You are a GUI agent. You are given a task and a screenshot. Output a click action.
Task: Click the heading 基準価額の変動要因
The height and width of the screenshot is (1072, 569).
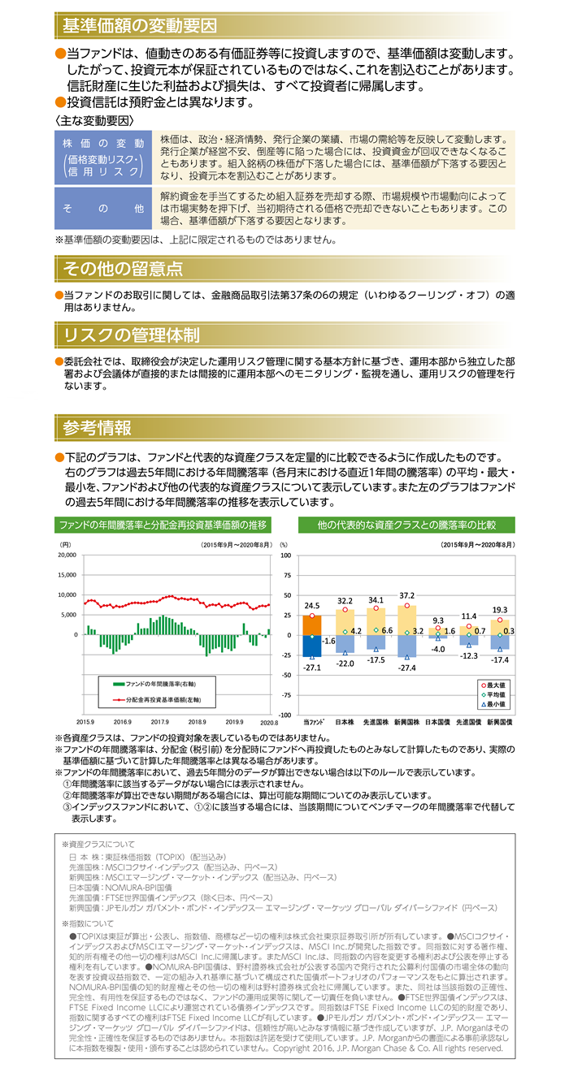139,25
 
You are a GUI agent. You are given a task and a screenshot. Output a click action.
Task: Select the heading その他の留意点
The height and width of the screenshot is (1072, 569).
123,269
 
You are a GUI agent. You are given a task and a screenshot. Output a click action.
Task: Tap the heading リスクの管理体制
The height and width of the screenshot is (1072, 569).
132,335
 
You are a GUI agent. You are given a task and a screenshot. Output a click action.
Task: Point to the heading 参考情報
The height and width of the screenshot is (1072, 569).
98,427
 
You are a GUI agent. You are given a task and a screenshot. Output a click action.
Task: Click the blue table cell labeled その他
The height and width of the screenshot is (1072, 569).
103,208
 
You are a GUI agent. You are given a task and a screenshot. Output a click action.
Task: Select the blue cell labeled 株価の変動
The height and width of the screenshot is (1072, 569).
103,158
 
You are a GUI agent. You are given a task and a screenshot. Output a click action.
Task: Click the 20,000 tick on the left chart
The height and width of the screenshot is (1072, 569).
67,555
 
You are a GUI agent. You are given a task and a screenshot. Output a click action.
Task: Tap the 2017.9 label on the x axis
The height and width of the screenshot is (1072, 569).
160,722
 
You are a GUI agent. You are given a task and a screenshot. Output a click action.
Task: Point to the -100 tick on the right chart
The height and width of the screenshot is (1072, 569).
285,715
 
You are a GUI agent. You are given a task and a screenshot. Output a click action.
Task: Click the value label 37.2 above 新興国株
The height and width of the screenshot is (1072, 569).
406,596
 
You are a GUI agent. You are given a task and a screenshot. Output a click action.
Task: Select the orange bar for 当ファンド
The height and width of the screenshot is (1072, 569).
312,625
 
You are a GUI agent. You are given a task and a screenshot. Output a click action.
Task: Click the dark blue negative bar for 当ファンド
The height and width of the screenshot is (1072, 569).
312,646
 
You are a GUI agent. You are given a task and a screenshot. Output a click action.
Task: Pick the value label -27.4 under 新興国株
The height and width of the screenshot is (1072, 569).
406,668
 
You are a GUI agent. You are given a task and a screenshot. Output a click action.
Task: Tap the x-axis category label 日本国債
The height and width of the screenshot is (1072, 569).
437,722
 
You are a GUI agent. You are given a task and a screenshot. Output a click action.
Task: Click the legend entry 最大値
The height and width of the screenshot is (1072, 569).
493,685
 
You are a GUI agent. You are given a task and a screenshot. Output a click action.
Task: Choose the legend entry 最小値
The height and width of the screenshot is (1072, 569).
493,704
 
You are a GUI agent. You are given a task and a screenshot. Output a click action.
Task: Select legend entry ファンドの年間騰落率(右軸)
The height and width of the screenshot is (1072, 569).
154,684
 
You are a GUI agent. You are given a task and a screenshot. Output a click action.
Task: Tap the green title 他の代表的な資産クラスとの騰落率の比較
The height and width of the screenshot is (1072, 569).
406,525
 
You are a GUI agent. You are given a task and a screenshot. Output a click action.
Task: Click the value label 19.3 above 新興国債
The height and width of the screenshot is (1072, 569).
500,610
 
